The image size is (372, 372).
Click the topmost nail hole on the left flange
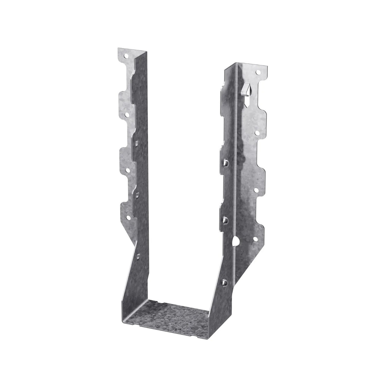pos(126,56)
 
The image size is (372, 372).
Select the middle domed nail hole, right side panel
pos(226,219)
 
